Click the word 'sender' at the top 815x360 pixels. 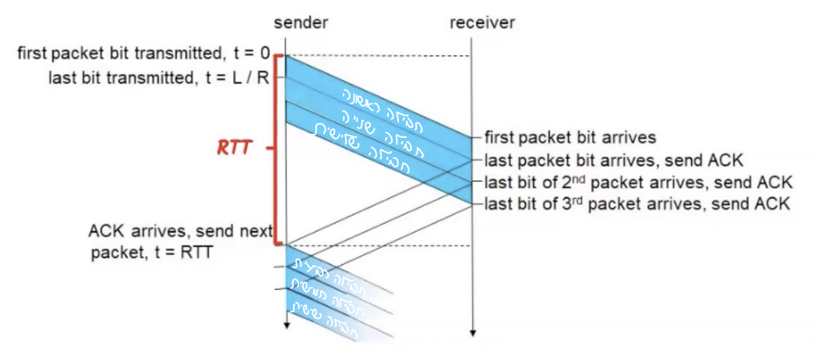[x=302, y=22]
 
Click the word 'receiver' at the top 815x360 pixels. [x=482, y=22]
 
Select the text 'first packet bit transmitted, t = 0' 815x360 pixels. [x=143, y=55]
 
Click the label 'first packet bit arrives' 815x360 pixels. [x=570, y=138]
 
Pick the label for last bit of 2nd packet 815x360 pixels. [x=638, y=183]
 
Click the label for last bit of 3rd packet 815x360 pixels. [x=637, y=205]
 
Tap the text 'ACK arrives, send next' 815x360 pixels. [x=180, y=231]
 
